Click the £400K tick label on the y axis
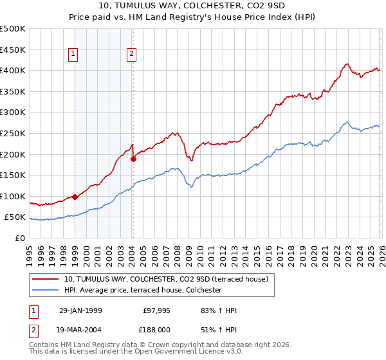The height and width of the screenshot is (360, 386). tap(13, 71)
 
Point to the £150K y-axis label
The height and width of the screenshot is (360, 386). tap(13, 175)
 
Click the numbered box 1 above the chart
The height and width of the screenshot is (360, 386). tap(75, 55)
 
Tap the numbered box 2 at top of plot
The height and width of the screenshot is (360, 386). tap(132, 55)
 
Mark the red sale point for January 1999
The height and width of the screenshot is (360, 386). tap(75, 197)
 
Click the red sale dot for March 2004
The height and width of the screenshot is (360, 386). tap(133, 159)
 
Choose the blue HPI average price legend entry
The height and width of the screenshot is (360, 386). tap(142, 291)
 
